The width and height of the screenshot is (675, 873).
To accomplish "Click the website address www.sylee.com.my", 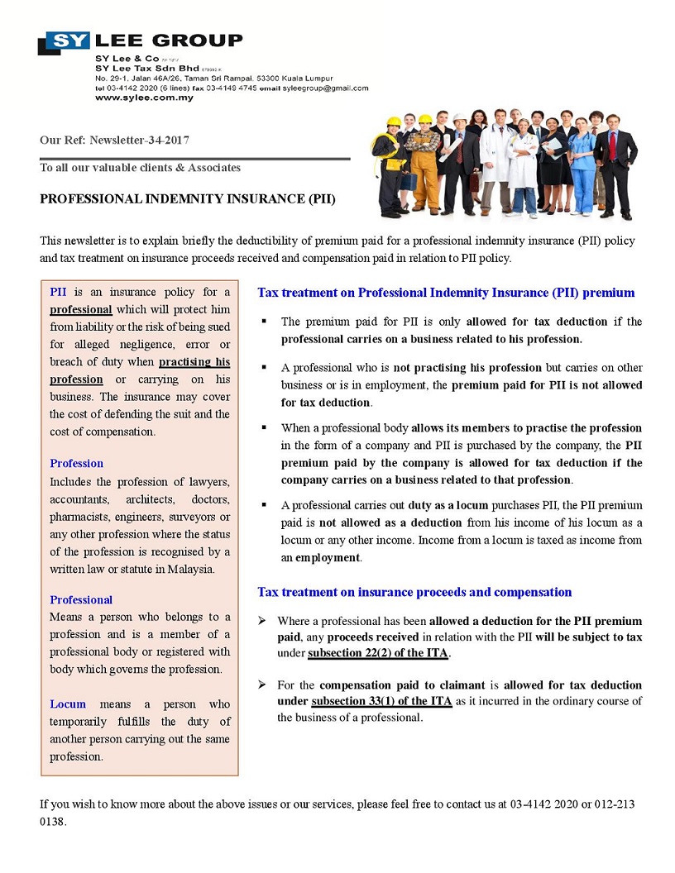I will point(144,98).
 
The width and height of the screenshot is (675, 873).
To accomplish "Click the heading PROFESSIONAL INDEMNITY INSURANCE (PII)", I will point(188,199).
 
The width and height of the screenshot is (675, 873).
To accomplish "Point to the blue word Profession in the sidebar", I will point(77,463).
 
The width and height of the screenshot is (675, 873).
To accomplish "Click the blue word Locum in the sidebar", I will point(68,704).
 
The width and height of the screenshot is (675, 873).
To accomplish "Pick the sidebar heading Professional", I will point(81,599).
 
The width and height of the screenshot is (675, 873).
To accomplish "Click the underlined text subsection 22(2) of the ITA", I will point(378,654).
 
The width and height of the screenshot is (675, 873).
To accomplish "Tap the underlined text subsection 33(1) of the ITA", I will point(381,701).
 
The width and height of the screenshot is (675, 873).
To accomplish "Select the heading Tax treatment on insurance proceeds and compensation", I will point(414,592).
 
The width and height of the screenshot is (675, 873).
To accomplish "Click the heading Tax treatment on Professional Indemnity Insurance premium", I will point(446,293).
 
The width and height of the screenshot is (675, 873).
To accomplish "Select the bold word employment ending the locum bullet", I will point(328,557).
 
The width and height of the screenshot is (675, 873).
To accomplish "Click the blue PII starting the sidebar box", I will point(58,292).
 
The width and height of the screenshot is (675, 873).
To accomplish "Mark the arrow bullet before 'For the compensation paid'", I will point(262,685).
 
